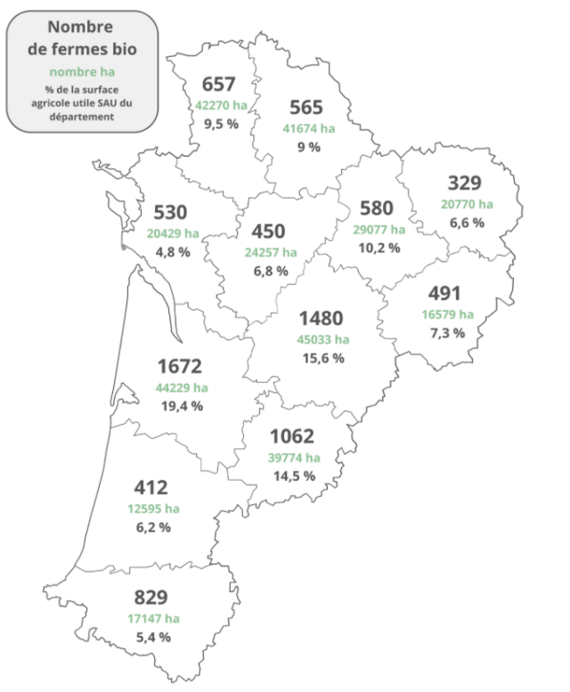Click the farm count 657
(218, 85)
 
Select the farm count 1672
(180, 366)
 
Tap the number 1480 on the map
(321, 318)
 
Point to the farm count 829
(151, 598)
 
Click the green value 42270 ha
(221, 105)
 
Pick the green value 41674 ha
(309, 128)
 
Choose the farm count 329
(463, 183)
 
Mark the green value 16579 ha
(447, 313)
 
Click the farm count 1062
(293, 436)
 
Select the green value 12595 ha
(151, 509)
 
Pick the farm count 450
(268, 232)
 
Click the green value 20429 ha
(173, 232)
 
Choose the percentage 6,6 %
(465, 223)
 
